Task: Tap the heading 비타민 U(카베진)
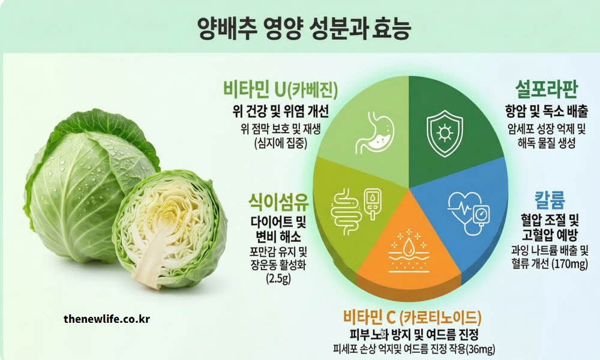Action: pos(279,90)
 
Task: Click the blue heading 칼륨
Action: pos(550,199)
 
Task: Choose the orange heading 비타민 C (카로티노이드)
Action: pos(412,317)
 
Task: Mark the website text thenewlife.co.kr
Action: pos(107,319)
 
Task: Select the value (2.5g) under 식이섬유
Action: pos(277,279)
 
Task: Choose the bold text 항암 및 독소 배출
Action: pos(546,111)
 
